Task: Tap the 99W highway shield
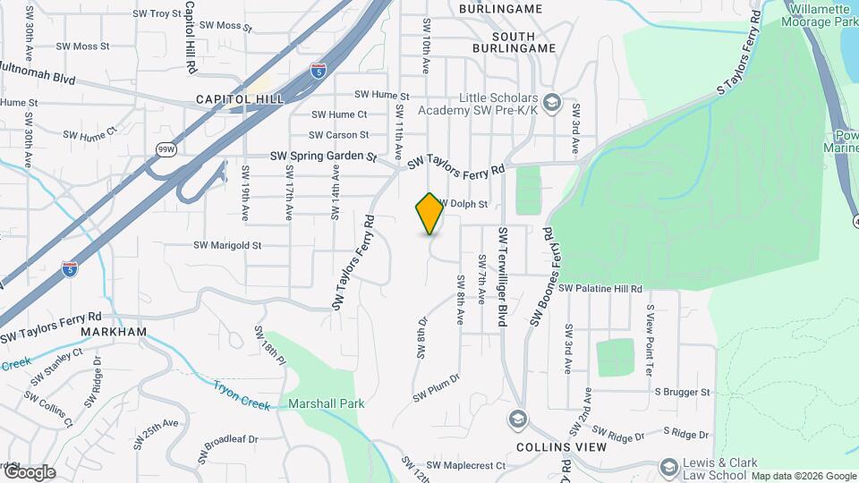pyautogui.click(x=166, y=148)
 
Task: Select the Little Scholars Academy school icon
pyautogui.click(x=551, y=103)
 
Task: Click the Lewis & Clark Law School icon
pyautogui.click(x=668, y=467)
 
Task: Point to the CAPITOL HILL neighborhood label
pyautogui.click(x=240, y=98)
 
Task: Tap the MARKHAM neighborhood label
pyautogui.click(x=113, y=332)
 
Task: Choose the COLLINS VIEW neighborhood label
pyautogui.click(x=562, y=445)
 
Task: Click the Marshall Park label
pyautogui.click(x=327, y=403)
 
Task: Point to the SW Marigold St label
pyautogui.click(x=227, y=245)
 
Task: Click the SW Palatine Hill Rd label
pyautogui.click(x=600, y=289)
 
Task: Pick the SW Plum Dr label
pyautogui.click(x=436, y=386)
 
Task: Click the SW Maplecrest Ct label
pyautogui.click(x=466, y=465)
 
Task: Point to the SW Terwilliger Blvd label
pyautogui.click(x=504, y=276)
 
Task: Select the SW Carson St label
pyautogui.click(x=339, y=135)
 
